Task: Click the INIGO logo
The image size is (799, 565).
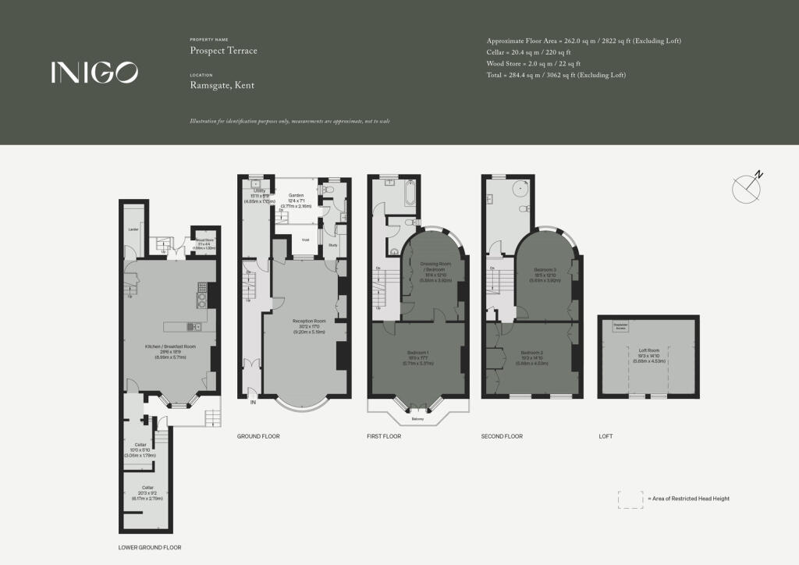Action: point(95,73)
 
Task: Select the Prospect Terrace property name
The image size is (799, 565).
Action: point(223,51)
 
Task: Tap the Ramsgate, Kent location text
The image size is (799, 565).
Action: point(222,86)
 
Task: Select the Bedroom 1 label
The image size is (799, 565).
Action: point(417,352)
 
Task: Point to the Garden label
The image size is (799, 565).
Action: point(296,195)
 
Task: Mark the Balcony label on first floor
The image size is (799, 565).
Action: point(418,419)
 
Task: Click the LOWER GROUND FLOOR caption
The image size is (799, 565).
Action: point(150,547)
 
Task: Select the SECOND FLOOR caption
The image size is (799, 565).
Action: point(502,436)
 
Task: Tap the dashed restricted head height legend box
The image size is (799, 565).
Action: point(630,499)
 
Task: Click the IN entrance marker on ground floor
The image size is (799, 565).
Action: point(253,403)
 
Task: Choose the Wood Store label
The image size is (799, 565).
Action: point(204,240)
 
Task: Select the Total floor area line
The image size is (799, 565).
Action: point(556,75)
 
